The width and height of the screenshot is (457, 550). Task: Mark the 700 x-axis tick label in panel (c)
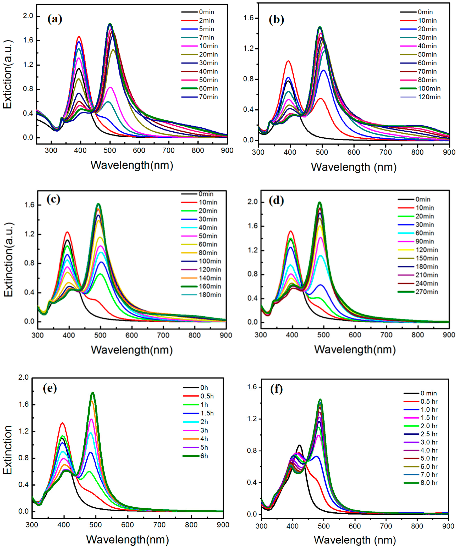(x=163, y=336)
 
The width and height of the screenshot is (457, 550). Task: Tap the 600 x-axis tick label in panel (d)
(x=355, y=335)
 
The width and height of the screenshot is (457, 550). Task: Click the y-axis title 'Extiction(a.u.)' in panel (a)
(x=8, y=74)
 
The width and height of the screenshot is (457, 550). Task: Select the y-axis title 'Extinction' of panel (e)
(x=8, y=450)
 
